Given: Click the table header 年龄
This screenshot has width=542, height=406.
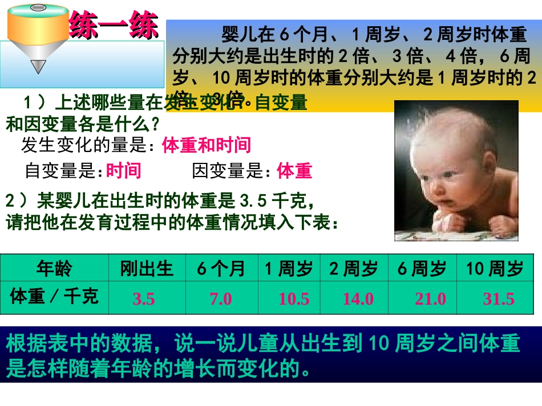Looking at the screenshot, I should (54, 268).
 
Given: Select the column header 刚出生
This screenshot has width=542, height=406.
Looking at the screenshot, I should (147, 268).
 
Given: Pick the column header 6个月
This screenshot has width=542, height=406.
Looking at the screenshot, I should (221, 268).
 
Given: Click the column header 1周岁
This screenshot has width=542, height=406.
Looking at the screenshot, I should (289, 268).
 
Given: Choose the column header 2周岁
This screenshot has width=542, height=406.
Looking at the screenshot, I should (354, 268).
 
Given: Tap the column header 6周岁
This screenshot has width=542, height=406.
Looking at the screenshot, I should (422, 268).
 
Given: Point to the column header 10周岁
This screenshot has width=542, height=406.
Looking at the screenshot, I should (495, 268).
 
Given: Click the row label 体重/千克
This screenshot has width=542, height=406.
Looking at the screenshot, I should (54, 296).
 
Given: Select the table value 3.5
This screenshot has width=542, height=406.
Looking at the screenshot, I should (144, 298).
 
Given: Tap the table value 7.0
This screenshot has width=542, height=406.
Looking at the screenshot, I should (221, 298).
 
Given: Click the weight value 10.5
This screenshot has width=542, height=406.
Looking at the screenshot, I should (294, 298).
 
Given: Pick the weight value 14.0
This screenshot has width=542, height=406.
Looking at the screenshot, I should (358, 298).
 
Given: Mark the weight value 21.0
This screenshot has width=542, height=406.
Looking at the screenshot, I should (431, 298).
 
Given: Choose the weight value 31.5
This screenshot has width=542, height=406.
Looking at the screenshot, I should (499, 298).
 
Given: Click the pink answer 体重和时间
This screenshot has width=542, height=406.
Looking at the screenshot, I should (207, 146).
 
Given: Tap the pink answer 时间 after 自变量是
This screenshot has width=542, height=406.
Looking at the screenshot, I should (124, 170).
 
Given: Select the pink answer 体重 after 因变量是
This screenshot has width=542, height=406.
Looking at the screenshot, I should (294, 170).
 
